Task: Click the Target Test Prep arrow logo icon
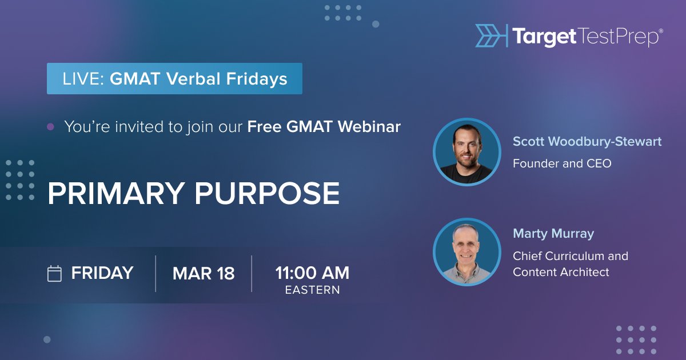pos(490,35)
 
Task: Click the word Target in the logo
pos(544,37)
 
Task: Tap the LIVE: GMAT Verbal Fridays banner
pos(174,79)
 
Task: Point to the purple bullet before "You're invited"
pos(50,127)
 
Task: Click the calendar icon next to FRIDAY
pos(54,274)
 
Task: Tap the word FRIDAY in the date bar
pos(102,273)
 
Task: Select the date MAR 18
pos(204,274)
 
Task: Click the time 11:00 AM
pos(312,273)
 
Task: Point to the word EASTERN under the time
pos(312,290)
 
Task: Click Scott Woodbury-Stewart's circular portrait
pos(467,152)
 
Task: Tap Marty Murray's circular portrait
pos(467,252)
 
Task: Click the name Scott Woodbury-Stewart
pos(587,142)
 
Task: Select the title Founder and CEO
pos(562,163)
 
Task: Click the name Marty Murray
pos(553,234)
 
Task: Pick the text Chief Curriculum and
pos(570,256)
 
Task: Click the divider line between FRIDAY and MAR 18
pos(155,274)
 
